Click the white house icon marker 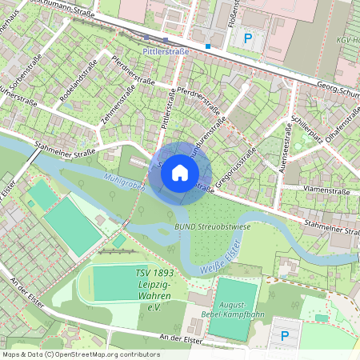(x=180, y=172)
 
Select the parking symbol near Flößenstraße (x=247, y=38)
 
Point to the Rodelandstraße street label (x=78, y=79)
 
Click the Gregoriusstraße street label (x=239, y=161)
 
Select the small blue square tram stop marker (x=207, y=46)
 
